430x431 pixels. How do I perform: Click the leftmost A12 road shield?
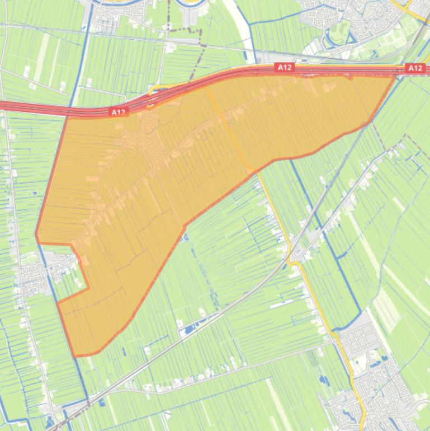coord(118,113)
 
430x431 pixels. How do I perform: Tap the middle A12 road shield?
coord(285,68)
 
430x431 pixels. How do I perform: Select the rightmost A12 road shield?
coord(415,68)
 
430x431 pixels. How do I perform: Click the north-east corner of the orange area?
coord(395,76)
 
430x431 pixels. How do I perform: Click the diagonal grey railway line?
coord(235,302)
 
